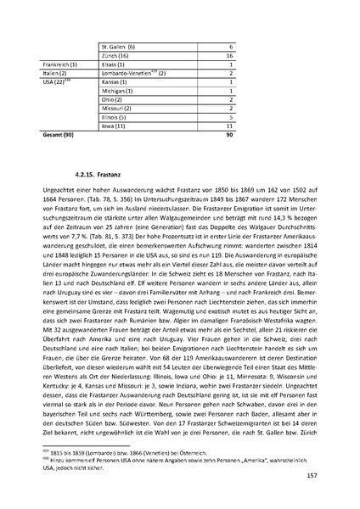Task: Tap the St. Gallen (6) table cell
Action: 118,46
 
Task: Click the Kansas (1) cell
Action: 115,82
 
